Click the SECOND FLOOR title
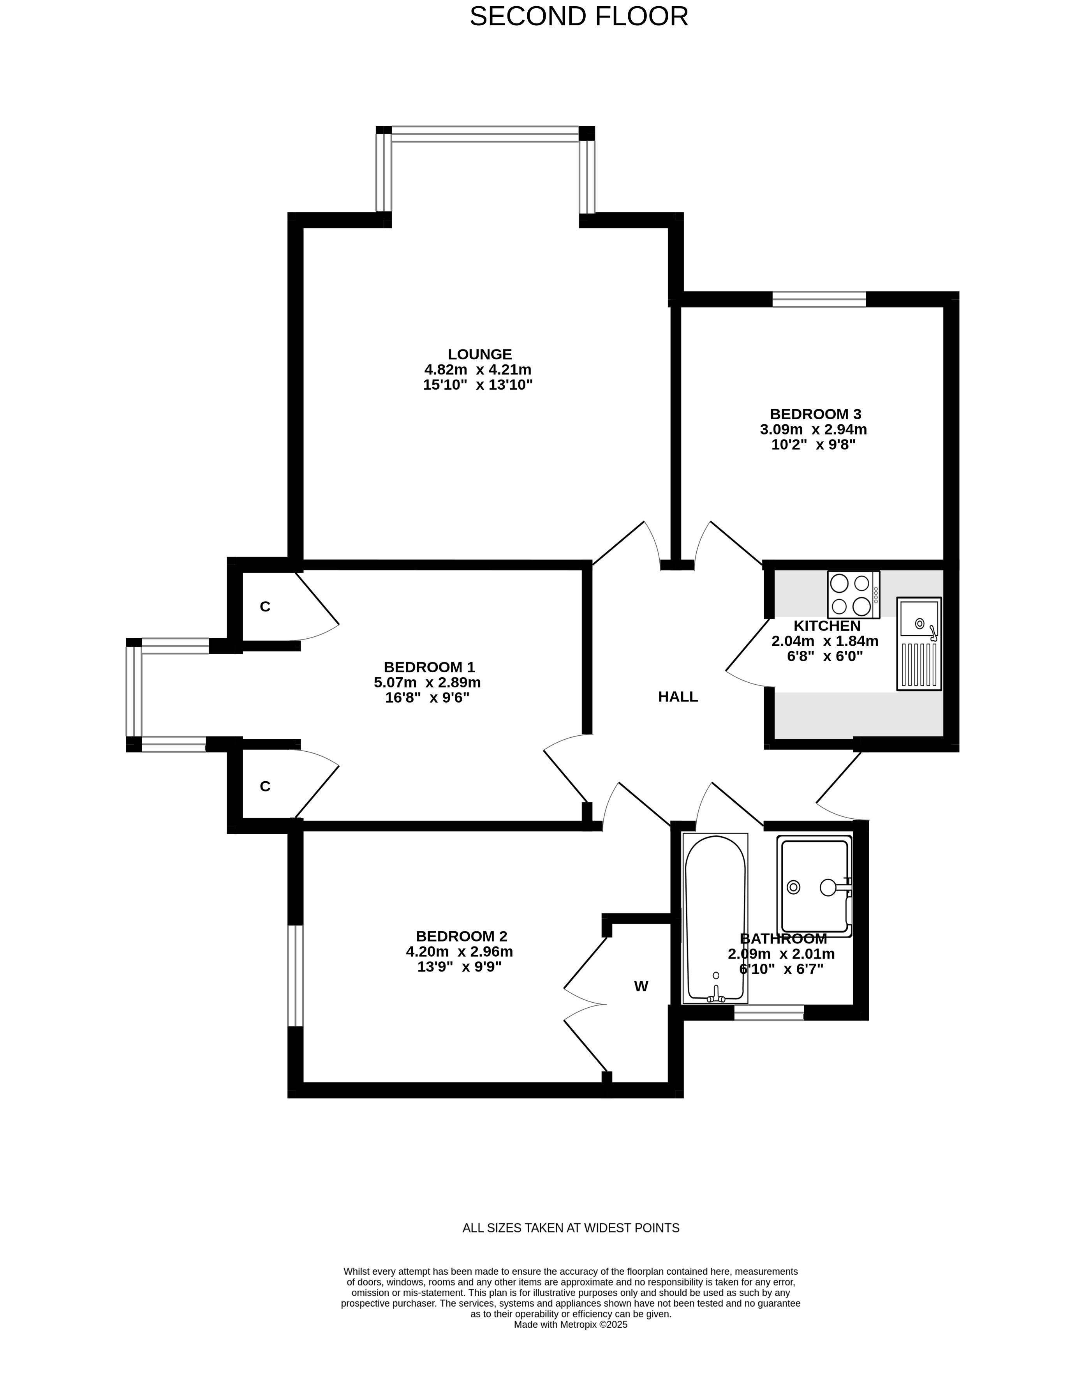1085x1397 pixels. click(579, 17)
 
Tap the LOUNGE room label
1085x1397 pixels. click(479, 354)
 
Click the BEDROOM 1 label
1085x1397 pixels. click(429, 667)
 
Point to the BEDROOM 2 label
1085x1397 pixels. click(461, 936)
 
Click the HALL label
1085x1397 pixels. click(678, 697)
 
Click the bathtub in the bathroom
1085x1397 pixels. click(715, 918)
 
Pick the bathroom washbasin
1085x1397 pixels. click(814, 886)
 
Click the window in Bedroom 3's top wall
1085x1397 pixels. click(819, 299)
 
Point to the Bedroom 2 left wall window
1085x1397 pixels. click(295, 975)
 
